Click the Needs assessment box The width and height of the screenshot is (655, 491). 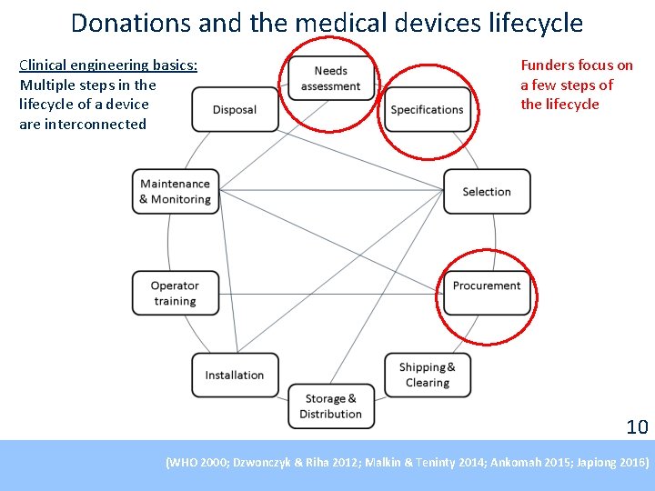tap(331, 78)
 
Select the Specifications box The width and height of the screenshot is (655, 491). tap(427, 110)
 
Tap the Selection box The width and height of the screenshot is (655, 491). tap(487, 192)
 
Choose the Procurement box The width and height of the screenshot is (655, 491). tap(487, 286)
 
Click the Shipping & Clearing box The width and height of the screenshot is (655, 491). tap(428, 375)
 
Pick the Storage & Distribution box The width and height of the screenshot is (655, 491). tap(331, 406)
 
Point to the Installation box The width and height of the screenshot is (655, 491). tap(235, 375)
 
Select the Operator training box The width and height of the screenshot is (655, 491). tap(176, 293)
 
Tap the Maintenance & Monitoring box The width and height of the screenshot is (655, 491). tap(176, 192)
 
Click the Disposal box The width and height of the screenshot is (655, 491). tap(235, 110)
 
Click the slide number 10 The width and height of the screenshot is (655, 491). tap(637, 426)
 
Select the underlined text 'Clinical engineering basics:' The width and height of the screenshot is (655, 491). tap(108, 65)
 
